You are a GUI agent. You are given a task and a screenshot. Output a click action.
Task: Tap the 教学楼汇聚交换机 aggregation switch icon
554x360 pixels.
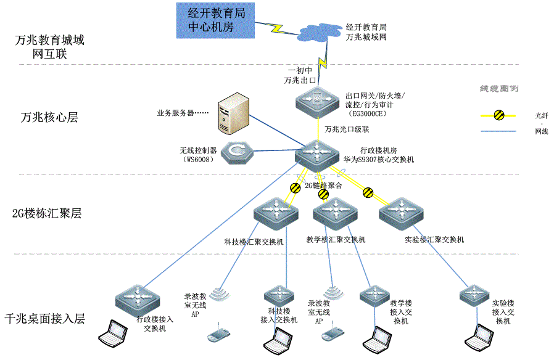[334, 213]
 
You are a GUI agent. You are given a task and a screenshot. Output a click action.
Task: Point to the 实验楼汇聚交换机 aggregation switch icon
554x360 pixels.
[402, 213]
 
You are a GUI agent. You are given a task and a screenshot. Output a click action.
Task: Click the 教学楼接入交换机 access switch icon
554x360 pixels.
[375, 295]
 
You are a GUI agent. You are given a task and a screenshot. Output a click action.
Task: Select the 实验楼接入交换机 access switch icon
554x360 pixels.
[476, 295]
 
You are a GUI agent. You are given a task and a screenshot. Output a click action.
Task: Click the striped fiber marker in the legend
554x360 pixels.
[499, 114]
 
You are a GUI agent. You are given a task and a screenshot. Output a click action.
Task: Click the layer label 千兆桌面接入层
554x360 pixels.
[44, 319]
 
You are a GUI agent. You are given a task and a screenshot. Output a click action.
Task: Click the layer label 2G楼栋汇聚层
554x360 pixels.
[47, 214]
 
